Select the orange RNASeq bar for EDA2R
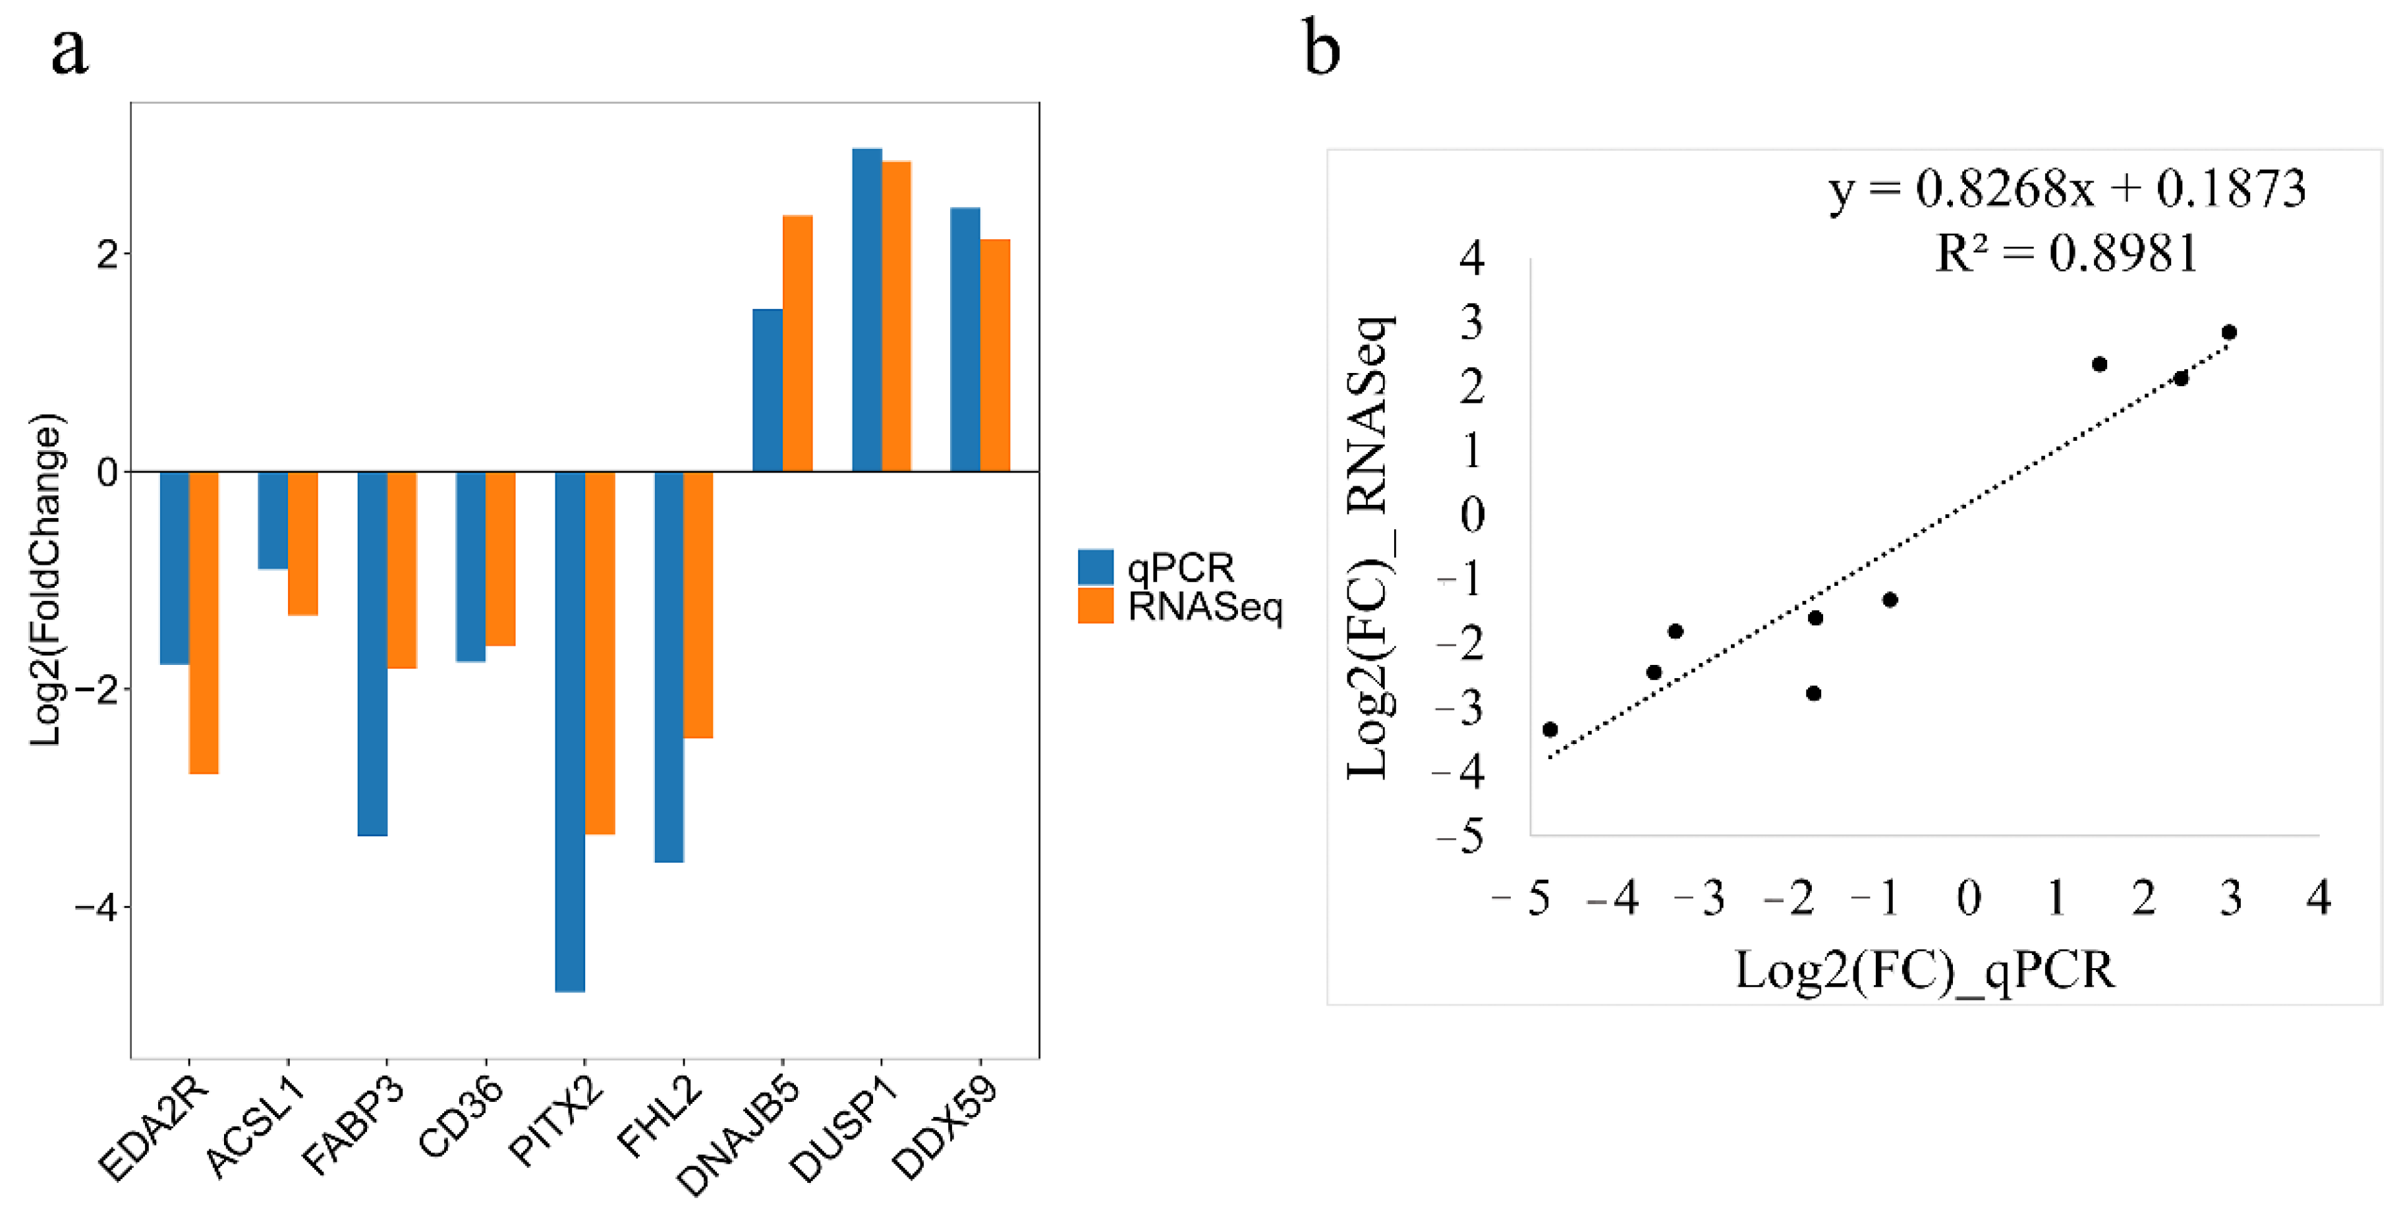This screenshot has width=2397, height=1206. pyautogui.click(x=204, y=621)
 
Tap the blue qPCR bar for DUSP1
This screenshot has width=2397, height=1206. pyautogui.click(x=866, y=310)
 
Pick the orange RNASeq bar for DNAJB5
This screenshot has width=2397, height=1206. pyautogui.click(x=797, y=343)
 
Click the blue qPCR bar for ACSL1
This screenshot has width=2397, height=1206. pyautogui.click(x=273, y=519)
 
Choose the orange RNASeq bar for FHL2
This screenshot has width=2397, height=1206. pyautogui.click(x=698, y=605)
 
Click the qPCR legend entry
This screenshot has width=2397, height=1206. pyautogui.click(x=1156, y=567)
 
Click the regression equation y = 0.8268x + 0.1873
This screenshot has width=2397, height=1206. pyautogui.click(x=2066, y=190)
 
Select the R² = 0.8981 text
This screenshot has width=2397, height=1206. pyautogui.click(x=2066, y=253)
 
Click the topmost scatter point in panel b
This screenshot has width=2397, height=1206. pyautogui.click(x=2228, y=332)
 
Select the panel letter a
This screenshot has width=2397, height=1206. pyautogui.click(x=70, y=51)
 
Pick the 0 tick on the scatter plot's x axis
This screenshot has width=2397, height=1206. pyautogui.click(x=1969, y=898)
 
